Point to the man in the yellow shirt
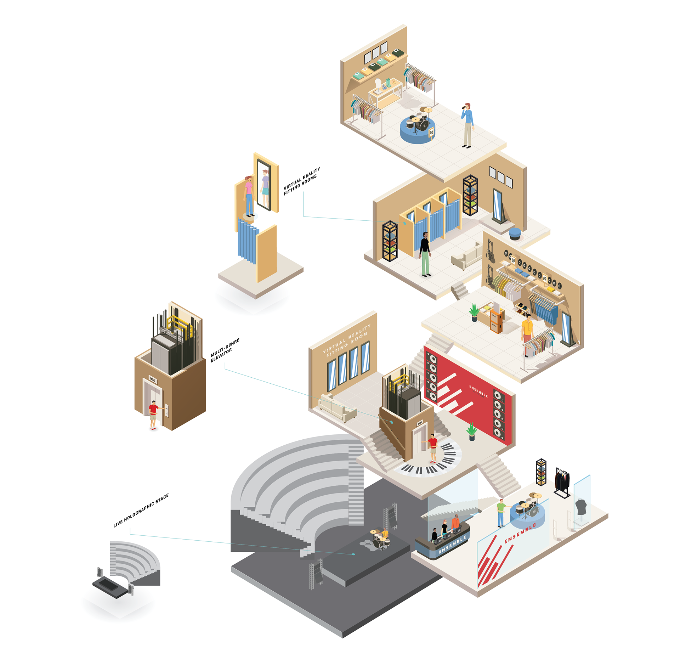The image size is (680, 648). pyautogui.click(x=527, y=331)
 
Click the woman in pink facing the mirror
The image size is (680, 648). pyautogui.click(x=249, y=195)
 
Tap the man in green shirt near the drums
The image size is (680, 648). pyautogui.click(x=500, y=512)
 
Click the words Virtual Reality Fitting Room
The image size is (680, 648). pyautogui.click(x=346, y=340)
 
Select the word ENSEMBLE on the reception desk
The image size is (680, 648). pyautogui.click(x=452, y=545)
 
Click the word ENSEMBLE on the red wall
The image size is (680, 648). pyautogui.click(x=478, y=391)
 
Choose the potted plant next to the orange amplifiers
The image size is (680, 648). pyautogui.click(x=474, y=312)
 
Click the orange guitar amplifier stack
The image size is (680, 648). pyautogui.click(x=496, y=321)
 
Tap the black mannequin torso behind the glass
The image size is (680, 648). pyautogui.click(x=581, y=507)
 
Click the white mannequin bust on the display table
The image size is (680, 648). pyautogui.click(x=379, y=85)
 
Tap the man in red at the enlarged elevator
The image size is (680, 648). pyautogui.click(x=153, y=415)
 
